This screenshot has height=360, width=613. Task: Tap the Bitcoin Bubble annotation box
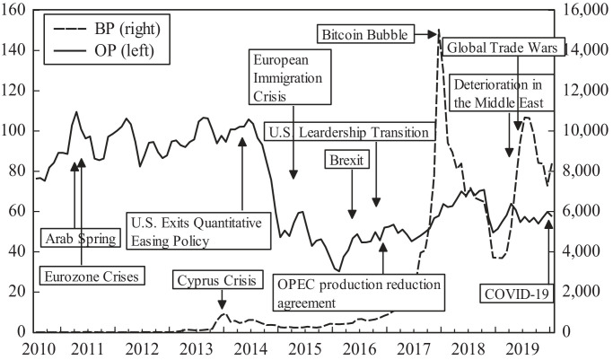364,35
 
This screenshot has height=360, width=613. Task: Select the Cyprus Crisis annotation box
218,278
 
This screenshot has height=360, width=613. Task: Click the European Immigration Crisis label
293,81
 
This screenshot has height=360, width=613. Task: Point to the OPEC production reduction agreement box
358,293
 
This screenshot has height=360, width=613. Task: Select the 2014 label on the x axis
250,347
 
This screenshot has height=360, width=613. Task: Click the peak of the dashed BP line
440,36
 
